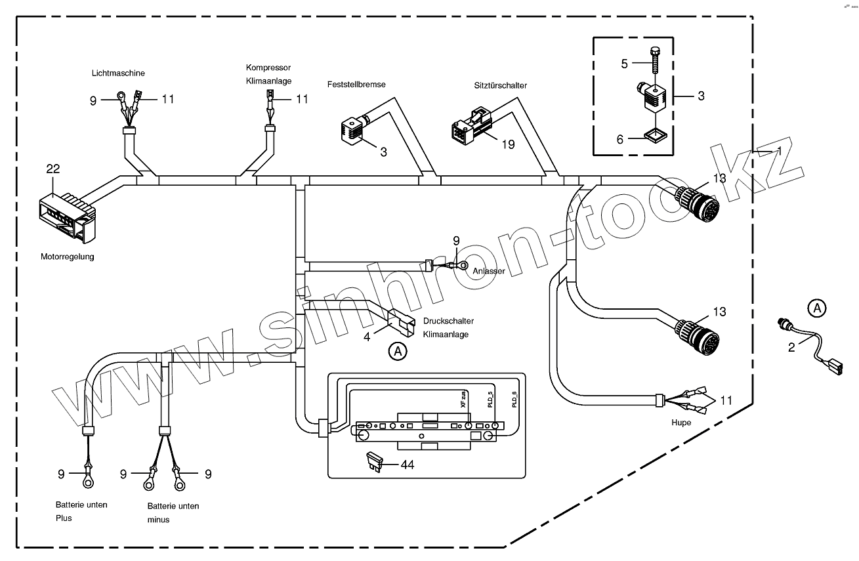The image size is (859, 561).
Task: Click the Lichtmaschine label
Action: click(118, 73)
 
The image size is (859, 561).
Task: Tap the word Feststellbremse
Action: click(356, 85)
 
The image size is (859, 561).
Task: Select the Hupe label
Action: click(681, 423)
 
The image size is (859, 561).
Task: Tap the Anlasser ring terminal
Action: click(463, 266)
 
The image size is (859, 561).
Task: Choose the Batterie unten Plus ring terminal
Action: click(87, 482)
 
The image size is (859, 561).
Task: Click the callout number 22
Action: click(53, 169)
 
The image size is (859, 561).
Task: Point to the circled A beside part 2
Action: click(816, 306)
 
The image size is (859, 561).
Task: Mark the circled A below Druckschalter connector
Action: click(396, 352)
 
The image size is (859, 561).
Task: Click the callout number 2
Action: click(791, 347)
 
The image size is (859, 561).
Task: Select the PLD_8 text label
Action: click(514, 399)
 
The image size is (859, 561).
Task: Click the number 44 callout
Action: click(407, 465)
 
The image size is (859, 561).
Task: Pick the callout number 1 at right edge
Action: click(780, 150)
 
